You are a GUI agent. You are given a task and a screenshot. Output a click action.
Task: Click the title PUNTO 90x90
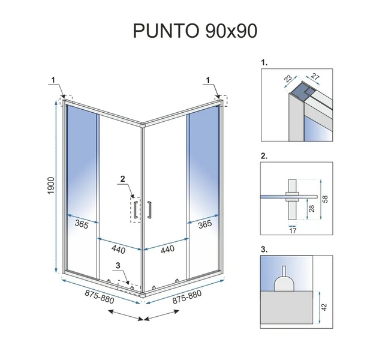[x=195, y=31]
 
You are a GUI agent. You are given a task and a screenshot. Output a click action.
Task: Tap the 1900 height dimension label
[x=51, y=185]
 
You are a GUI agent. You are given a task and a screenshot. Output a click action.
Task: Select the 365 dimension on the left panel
[x=82, y=224]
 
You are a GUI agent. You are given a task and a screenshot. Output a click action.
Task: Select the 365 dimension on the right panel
[x=205, y=224]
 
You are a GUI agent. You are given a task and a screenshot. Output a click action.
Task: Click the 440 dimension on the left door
[x=118, y=249]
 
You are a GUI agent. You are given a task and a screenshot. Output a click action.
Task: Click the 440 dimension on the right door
[x=167, y=249]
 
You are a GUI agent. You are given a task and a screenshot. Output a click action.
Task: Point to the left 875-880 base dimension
[x=100, y=296]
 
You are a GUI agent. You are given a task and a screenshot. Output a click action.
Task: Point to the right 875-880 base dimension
[x=187, y=296]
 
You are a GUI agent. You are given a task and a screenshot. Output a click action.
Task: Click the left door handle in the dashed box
[x=135, y=210]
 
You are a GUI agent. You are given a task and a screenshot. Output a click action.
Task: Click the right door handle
[x=149, y=210]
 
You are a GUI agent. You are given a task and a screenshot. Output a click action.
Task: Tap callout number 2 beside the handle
[x=123, y=179]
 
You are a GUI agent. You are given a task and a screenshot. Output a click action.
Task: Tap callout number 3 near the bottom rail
[x=118, y=265]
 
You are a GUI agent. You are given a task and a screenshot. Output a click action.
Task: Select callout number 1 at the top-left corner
[x=53, y=80]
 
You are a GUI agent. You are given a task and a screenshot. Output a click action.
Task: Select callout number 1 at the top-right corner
[x=208, y=80]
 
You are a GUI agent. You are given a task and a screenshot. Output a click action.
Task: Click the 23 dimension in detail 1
[x=288, y=79]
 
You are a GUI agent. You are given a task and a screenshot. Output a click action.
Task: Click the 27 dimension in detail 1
[x=315, y=76]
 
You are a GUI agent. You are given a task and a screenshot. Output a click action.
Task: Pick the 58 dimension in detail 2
[x=326, y=199]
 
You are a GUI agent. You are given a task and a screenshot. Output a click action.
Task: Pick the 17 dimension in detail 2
[x=293, y=231]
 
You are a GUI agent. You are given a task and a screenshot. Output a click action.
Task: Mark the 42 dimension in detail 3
[x=324, y=307]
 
